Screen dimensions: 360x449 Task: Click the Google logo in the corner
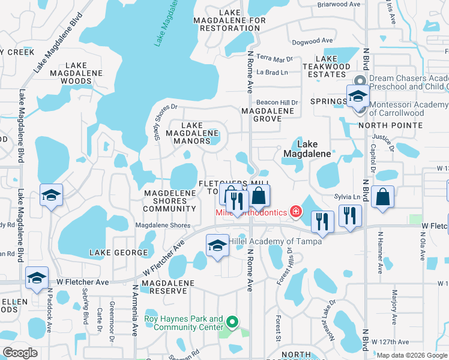(20, 353)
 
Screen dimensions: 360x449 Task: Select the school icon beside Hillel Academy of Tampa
(217, 245)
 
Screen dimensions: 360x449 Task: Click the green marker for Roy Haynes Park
(234, 324)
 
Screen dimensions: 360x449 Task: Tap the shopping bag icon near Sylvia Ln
(382, 198)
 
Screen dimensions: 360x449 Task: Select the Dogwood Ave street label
(312, 41)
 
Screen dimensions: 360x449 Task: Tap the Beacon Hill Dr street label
(277, 103)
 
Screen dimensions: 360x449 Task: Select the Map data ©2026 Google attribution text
(412, 355)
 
